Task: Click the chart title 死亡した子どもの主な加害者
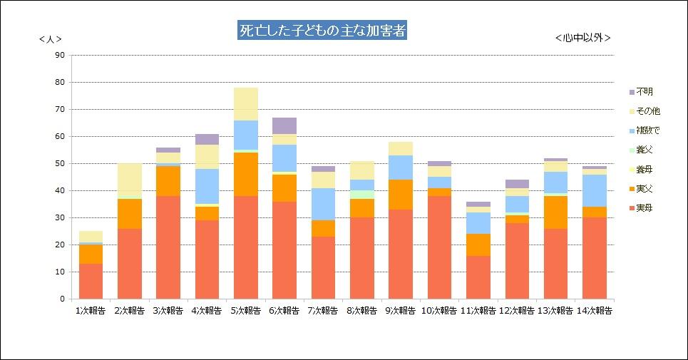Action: coord(322,31)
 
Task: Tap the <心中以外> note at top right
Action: coord(582,38)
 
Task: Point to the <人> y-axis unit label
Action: coord(50,40)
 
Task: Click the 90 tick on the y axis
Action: coord(59,55)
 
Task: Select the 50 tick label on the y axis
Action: coord(59,163)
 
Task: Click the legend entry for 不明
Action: coord(644,92)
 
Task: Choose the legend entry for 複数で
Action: coord(647,130)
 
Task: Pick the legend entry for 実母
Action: coord(644,208)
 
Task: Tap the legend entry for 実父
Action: coord(644,189)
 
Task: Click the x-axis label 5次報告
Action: coord(245,311)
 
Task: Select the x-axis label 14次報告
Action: coord(594,311)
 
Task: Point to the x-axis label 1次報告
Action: coord(91,311)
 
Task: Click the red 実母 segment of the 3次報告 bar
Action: coord(168,247)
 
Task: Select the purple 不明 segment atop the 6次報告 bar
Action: coord(284,125)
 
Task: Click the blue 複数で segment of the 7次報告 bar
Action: coord(323,204)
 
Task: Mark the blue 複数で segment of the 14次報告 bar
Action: coord(594,190)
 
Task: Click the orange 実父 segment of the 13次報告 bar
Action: coord(555,212)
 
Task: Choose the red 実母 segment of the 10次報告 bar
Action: coord(439,247)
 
